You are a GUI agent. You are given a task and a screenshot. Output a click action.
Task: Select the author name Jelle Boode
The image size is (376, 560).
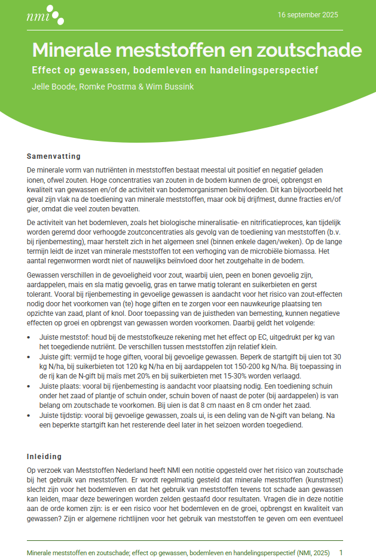54,87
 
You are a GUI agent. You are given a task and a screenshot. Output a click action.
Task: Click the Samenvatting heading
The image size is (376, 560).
53,156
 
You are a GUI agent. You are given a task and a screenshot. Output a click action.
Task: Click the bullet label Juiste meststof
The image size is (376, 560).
63,337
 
